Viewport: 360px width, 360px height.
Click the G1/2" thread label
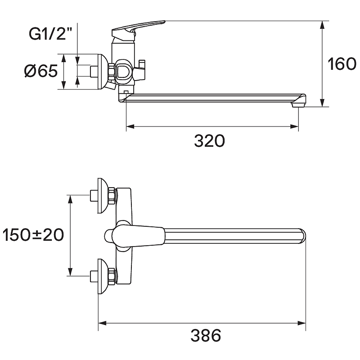(50, 34)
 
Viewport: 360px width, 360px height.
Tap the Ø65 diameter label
(41, 71)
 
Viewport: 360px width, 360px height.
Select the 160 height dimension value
(342, 64)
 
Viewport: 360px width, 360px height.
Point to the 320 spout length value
(209, 141)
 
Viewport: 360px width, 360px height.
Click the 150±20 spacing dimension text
(33, 235)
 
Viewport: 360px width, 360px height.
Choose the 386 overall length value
(206, 335)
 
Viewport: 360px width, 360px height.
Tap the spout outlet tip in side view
(298, 105)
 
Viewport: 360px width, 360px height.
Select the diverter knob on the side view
(140, 69)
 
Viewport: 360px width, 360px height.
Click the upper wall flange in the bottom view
(103, 196)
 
